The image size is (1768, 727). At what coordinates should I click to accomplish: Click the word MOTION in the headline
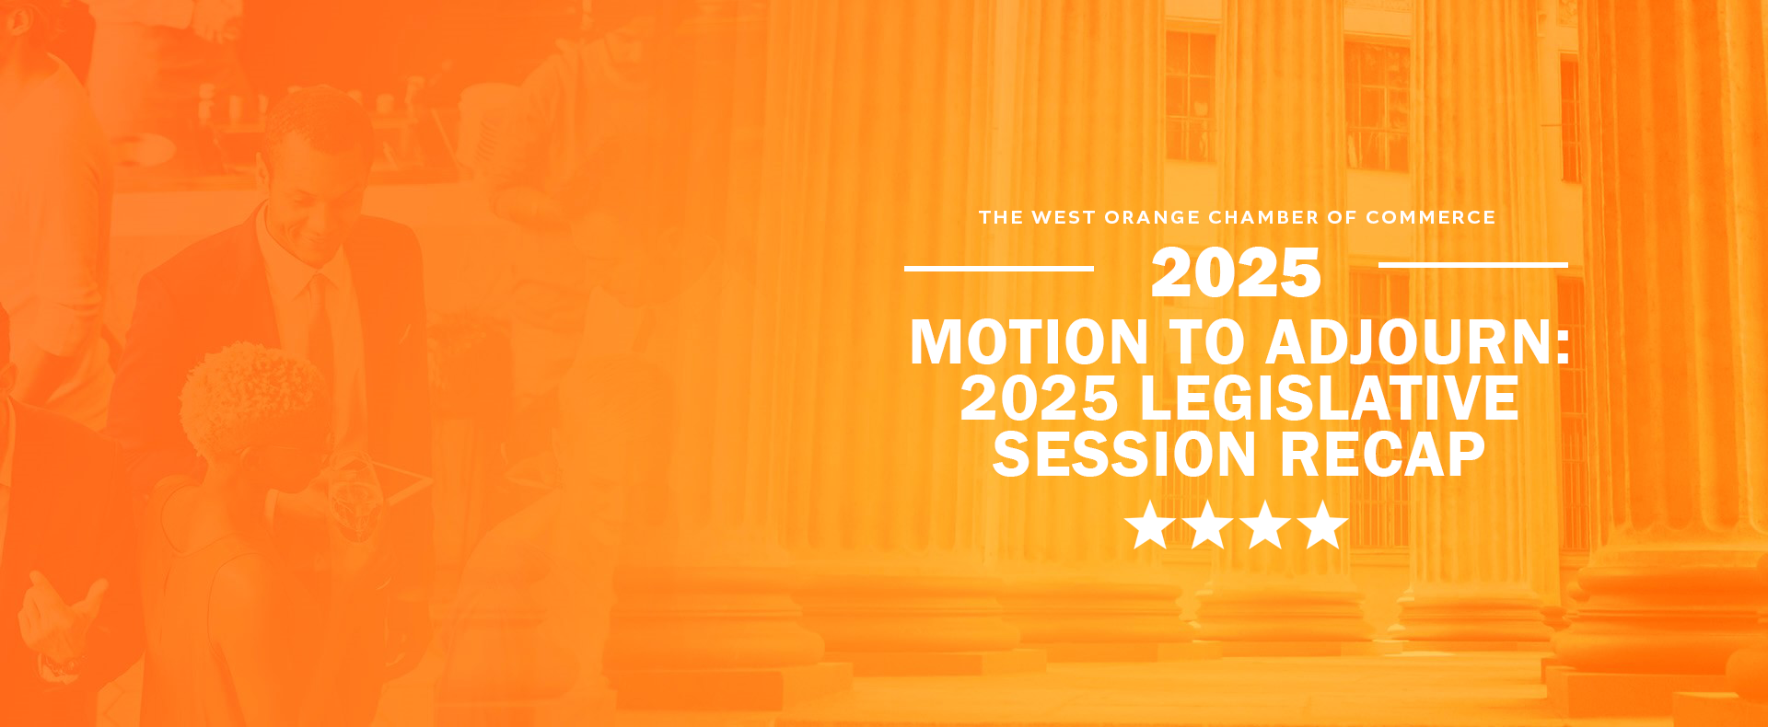point(1029,342)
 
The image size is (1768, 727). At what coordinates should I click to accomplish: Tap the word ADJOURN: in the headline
point(1418,342)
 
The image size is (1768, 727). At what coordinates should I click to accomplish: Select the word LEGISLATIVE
point(1329,398)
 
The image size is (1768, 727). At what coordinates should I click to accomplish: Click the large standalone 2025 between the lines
point(1236,273)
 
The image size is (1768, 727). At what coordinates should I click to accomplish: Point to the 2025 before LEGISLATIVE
point(1039,398)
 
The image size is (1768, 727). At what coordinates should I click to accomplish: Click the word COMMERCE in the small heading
point(1430,217)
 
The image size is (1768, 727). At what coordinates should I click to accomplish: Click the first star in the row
point(1150,525)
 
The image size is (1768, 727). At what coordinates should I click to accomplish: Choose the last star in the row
point(1323,525)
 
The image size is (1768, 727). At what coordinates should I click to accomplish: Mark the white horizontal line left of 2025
point(999,268)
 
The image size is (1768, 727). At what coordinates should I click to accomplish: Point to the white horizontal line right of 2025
point(1473,265)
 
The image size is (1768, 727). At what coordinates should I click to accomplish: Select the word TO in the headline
point(1206,342)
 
